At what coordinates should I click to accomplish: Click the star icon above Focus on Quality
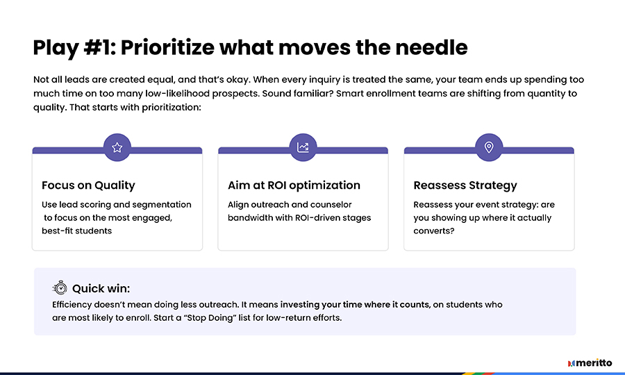[117, 147]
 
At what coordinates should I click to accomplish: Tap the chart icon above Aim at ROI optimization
[303, 147]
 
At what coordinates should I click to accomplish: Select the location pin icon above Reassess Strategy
[489, 147]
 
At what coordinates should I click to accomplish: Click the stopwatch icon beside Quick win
[60, 287]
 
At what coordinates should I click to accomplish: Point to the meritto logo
[590, 363]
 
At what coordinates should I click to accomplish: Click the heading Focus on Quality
[88, 185]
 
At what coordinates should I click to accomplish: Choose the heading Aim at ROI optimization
[294, 185]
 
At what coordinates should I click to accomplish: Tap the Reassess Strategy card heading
[465, 185]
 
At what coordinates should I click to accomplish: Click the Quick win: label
[101, 288]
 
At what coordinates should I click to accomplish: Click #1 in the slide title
[99, 47]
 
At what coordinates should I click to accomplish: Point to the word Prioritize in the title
[167, 48]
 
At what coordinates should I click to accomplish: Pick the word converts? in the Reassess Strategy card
[433, 231]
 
